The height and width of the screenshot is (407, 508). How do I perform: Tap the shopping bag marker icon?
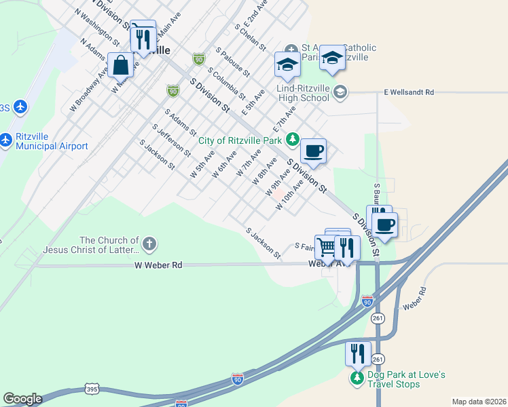click(121, 66)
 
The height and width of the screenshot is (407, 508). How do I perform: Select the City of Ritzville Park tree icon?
click(293, 140)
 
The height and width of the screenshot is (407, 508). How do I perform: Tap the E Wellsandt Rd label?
click(408, 92)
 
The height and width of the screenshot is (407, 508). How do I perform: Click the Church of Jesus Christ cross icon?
click(149, 243)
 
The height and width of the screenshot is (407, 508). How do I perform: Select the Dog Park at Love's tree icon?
click(357, 378)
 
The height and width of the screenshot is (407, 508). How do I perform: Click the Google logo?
click(22, 399)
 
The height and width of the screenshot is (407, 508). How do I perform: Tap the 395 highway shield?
click(91, 388)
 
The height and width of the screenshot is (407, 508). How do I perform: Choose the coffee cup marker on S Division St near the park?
click(313, 151)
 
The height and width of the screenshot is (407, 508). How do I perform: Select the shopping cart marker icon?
click(327, 247)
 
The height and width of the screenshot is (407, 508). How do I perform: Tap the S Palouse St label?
click(233, 61)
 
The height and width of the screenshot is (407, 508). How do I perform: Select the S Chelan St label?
click(249, 37)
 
